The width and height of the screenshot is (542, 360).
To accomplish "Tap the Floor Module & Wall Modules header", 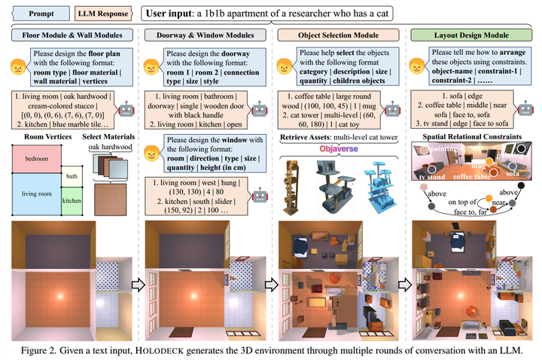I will tap(68, 35).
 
